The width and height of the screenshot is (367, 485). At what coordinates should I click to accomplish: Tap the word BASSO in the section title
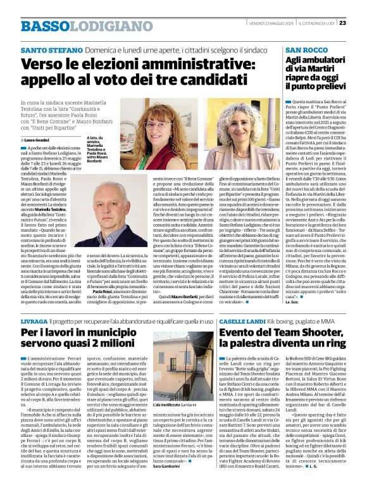43,26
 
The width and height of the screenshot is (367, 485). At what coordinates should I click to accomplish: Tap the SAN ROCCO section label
306,49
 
